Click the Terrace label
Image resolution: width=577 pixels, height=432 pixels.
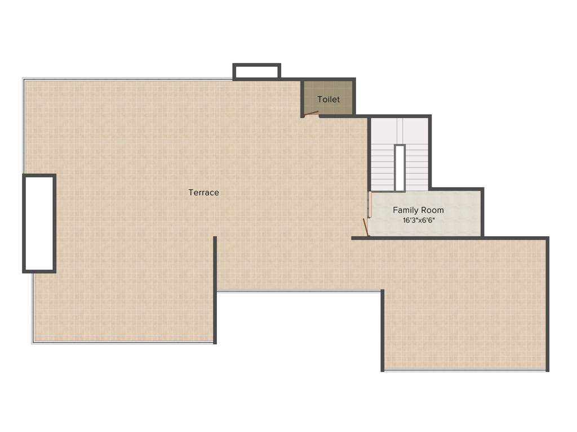point(203,192)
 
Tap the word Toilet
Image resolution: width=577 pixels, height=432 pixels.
point(329,100)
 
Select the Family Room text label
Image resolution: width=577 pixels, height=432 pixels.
point(418,210)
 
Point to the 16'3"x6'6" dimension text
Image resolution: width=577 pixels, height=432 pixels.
point(419,220)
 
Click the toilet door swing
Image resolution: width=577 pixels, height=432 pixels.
point(311,114)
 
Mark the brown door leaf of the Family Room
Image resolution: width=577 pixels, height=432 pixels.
point(365,227)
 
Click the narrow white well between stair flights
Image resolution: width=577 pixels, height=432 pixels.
point(400,168)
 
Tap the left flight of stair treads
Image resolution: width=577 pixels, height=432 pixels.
point(383,169)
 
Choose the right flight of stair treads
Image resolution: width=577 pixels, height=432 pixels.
point(416,169)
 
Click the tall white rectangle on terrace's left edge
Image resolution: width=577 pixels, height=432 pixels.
point(39,223)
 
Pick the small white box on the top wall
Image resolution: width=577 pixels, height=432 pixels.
point(256,71)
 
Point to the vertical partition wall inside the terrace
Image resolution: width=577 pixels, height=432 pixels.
point(215,290)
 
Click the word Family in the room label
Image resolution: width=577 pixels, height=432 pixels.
point(405,210)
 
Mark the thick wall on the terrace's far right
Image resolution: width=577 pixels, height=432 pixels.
point(547,304)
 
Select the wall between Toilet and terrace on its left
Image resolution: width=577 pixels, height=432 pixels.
point(303,98)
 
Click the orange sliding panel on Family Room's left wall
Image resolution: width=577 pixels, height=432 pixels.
point(370,205)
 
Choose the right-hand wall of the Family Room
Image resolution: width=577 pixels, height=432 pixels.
point(482,213)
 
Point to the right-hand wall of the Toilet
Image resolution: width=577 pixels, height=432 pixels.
point(354,97)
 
